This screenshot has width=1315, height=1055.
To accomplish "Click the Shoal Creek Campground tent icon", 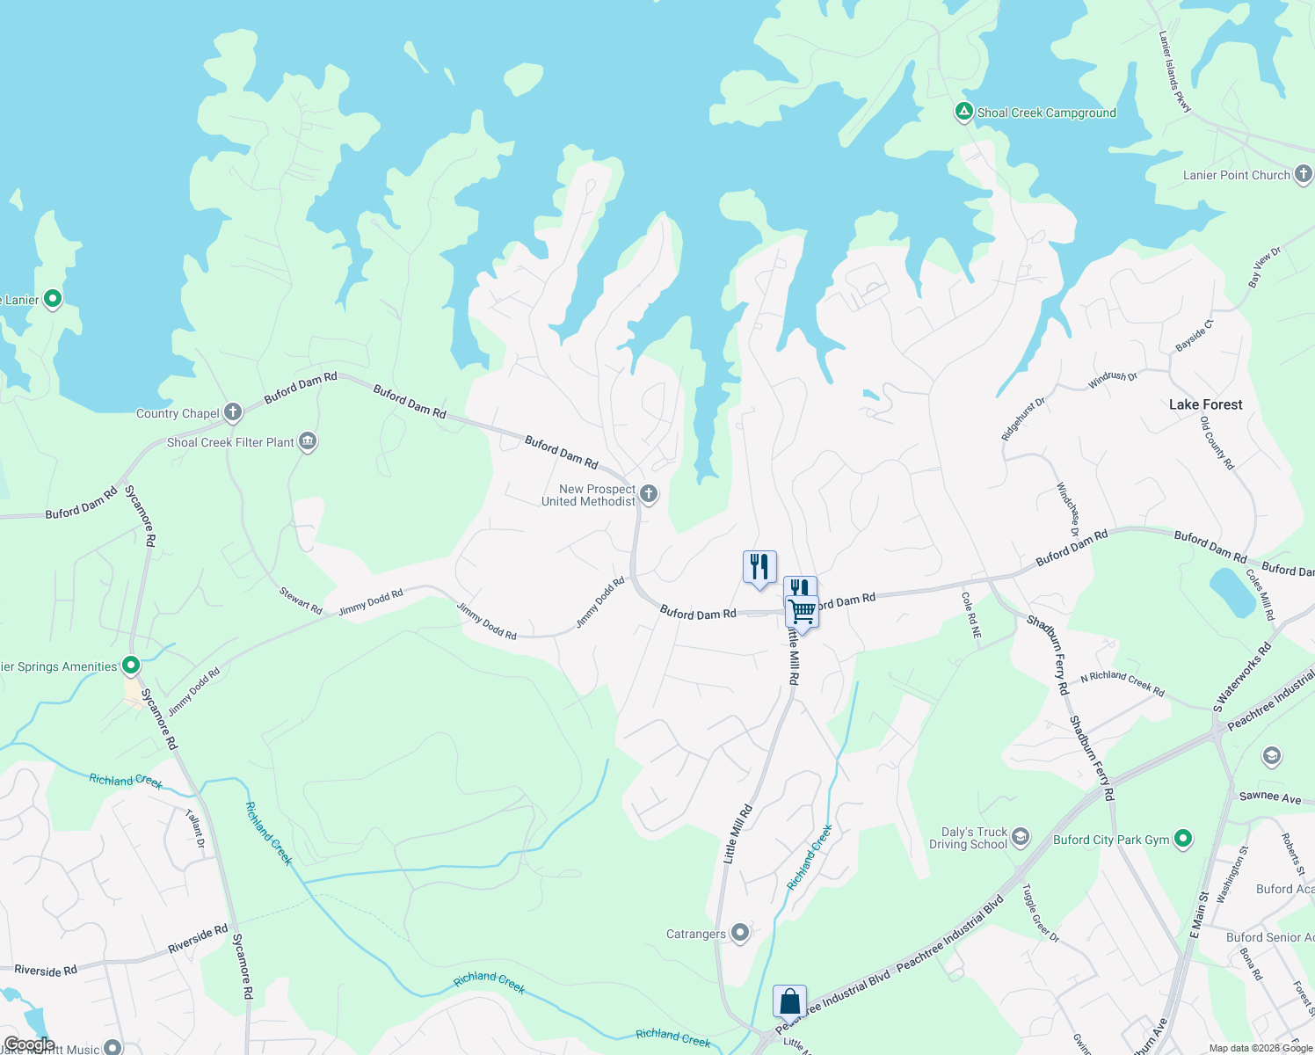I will click(964, 112).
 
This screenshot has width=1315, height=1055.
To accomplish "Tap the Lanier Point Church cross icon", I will click(1304, 174).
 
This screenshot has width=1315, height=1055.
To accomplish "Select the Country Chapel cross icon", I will click(233, 411).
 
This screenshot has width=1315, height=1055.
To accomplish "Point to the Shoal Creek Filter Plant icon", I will click(308, 441).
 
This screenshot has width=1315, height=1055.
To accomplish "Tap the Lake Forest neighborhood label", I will click(1205, 404).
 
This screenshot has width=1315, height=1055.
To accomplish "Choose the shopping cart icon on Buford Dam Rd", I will click(802, 610).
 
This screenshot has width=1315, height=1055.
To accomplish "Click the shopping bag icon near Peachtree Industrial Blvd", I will click(789, 1001).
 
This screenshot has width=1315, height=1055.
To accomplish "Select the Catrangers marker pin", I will click(740, 933).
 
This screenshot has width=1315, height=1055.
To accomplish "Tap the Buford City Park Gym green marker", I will click(1183, 839).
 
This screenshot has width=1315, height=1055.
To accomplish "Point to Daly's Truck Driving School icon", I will click(1020, 836).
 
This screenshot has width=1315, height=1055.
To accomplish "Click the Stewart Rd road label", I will click(301, 600).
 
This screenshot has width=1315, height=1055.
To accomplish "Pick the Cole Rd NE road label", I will click(971, 615).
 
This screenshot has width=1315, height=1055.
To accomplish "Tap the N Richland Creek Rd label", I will click(1122, 683).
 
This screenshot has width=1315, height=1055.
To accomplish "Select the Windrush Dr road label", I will click(1113, 380).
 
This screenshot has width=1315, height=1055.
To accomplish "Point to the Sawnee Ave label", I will click(1269, 797).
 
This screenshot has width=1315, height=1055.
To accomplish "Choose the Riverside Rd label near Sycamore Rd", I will click(198, 938).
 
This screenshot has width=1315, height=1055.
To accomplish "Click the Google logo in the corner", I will click(29, 1045).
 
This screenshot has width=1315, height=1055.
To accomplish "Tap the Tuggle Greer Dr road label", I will click(1040, 913).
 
